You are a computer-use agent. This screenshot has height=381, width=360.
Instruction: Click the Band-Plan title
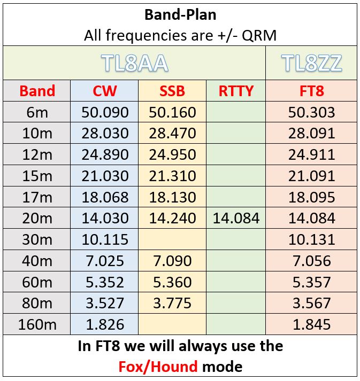(x=180, y=15)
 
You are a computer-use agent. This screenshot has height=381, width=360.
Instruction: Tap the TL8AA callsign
(x=134, y=63)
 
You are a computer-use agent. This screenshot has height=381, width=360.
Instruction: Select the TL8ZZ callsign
(x=312, y=63)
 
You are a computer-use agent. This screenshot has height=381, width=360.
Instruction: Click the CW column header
(x=105, y=91)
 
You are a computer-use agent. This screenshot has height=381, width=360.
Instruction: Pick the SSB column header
(x=172, y=91)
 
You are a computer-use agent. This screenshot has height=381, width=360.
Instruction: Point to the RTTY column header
(x=236, y=91)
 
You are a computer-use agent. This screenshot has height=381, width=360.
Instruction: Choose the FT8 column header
(x=312, y=91)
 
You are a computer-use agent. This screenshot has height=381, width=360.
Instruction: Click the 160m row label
(x=37, y=324)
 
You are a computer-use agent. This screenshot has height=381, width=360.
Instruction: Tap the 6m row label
(x=37, y=112)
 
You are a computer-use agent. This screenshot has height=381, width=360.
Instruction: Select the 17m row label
(x=37, y=197)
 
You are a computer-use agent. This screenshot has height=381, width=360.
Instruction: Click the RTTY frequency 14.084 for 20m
(x=236, y=218)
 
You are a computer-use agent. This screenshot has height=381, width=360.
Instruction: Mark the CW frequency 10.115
(x=105, y=239)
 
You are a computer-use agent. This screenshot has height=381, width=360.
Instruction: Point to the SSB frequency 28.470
(x=172, y=134)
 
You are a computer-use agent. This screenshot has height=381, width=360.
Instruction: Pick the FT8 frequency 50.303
(x=312, y=112)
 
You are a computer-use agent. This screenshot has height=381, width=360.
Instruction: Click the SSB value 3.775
(x=172, y=303)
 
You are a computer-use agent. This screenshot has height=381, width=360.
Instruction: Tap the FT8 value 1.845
(x=312, y=324)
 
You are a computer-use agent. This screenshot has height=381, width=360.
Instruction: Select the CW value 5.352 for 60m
(x=105, y=282)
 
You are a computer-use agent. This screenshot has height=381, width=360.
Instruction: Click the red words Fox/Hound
(x=158, y=367)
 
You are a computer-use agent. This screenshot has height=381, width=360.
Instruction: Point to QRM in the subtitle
(x=259, y=35)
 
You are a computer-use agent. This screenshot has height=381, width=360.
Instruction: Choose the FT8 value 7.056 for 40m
(x=312, y=261)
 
